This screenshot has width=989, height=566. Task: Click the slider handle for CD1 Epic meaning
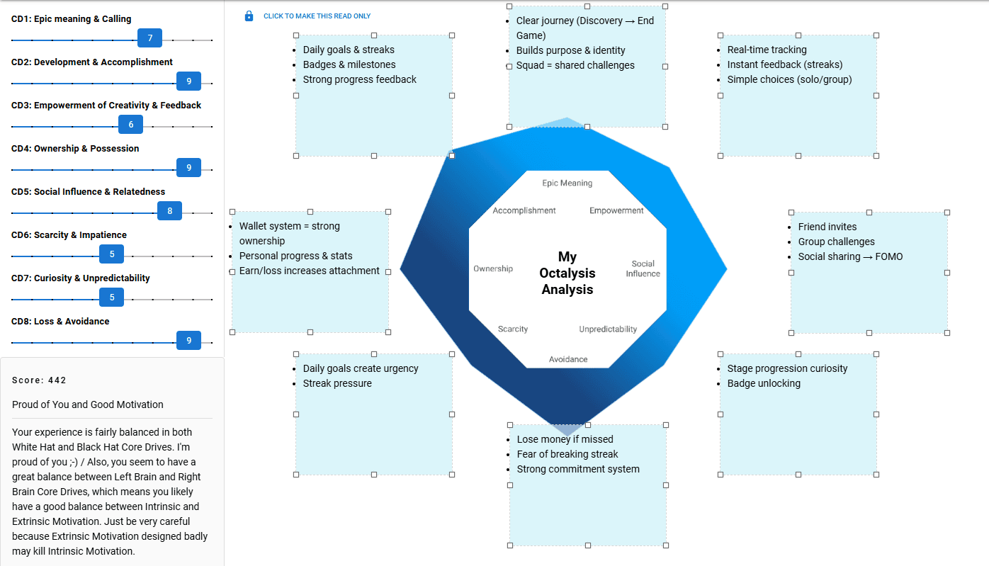pos(150,38)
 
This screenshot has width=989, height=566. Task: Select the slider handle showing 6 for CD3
pos(131,125)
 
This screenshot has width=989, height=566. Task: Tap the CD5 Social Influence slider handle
pos(170,211)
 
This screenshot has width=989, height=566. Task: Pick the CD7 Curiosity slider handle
pos(112,298)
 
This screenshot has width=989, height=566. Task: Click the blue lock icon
pos(249,16)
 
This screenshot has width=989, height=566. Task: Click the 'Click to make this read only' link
pos(317,16)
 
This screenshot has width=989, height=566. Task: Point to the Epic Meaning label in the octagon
pos(567,183)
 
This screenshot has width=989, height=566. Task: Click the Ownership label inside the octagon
pos(493,269)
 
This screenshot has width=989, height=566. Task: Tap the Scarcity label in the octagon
pos(513,329)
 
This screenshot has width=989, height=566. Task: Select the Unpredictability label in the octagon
pos(608,329)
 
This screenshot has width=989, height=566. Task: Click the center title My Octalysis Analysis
pos(567,273)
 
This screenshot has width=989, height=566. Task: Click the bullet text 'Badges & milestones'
pos(349,64)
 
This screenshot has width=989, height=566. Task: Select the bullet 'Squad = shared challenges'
pos(575,65)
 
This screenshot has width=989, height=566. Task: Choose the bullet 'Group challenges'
pos(836,242)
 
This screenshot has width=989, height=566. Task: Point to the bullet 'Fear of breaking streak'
pos(567,454)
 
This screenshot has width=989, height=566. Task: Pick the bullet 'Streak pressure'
pos(337,383)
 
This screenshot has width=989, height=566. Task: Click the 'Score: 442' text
pos(39,380)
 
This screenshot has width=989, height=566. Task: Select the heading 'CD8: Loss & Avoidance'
pos(60,322)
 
